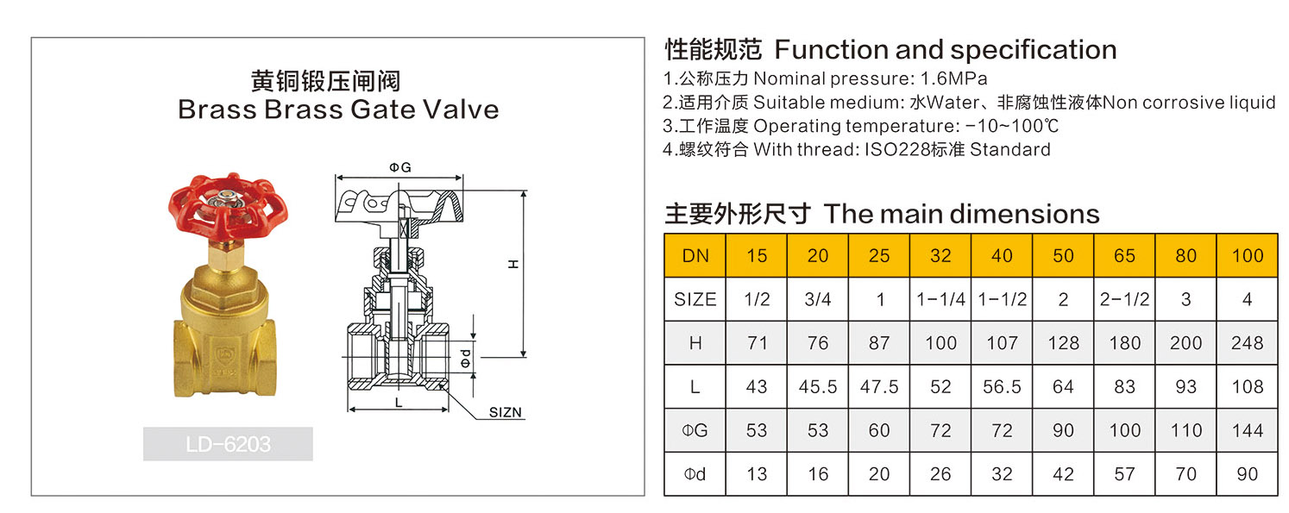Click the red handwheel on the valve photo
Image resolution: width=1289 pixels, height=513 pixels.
click(x=227, y=207)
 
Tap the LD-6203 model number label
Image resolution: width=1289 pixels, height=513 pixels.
click(x=228, y=444)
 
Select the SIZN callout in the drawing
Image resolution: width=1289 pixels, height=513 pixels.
click(x=505, y=412)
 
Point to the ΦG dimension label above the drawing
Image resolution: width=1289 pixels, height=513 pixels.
click(x=399, y=167)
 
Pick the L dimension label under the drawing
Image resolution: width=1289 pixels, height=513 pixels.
click(x=398, y=402)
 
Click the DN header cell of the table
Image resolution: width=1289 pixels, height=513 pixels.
click(x=695, y=255)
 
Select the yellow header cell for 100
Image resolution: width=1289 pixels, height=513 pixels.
click(x=1247, y=255)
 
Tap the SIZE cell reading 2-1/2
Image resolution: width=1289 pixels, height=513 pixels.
click(x=1124, y=299)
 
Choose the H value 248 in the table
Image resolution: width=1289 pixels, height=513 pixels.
click(x=1247, y=343)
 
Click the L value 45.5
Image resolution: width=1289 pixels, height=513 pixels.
click(x=817, y=387)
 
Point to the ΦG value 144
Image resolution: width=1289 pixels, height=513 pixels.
click(x=1247, y=430)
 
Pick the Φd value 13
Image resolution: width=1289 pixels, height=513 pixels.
click(x=757, y=474)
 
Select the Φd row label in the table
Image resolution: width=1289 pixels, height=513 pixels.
click(x=695, y=474)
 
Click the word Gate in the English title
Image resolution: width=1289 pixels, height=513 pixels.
click(x=366, y=110)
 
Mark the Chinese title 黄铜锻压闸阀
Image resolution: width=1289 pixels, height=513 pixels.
click(x=325, y=81)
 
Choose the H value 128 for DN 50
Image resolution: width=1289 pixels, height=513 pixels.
click(x=1063, y=343)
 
